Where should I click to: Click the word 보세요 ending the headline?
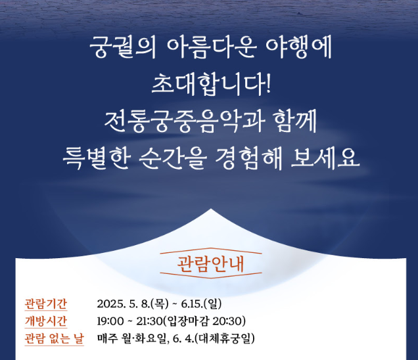(333, 158)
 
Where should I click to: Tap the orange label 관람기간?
(46, 304)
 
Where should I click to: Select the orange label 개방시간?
(46, 321)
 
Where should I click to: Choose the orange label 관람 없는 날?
(55, 339)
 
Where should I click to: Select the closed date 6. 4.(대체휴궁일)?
(214, 339)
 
